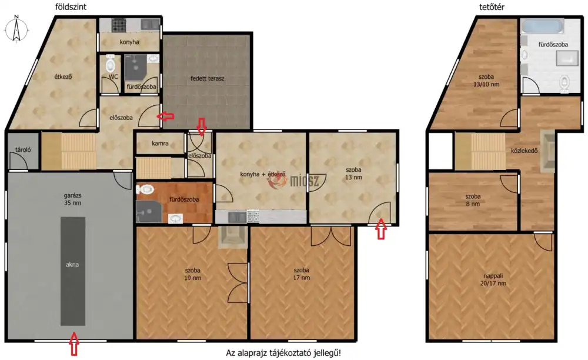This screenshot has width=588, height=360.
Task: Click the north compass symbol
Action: [16, 29]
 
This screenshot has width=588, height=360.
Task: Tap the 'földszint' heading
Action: [71, 6]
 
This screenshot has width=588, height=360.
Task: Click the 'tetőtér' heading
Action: [492, 6]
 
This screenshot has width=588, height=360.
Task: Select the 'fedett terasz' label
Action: [207, 78]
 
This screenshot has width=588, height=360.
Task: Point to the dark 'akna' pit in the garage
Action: [73, 271]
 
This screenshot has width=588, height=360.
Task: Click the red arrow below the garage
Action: [74, 344]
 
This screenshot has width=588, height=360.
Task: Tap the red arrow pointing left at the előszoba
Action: [165, 116]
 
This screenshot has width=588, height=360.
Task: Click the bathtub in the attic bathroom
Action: [543, 26]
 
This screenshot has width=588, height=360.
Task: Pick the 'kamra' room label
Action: [160, 144]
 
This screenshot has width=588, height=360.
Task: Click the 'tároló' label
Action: [23, 149]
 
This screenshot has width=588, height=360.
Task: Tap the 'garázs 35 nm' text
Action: [72, 199]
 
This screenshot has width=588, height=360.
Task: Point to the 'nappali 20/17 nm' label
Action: [493, 280]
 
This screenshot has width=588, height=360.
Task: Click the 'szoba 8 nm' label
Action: [473, 200]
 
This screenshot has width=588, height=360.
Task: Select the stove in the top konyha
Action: [119, 25]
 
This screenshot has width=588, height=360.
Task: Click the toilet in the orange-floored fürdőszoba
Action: [145, 189]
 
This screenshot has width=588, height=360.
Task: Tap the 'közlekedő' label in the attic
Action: [524, 151]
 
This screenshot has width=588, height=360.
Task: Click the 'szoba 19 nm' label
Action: [192, 274]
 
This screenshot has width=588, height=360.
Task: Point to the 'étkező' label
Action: [63, 76]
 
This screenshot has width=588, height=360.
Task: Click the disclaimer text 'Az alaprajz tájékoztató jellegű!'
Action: [283, 353]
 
